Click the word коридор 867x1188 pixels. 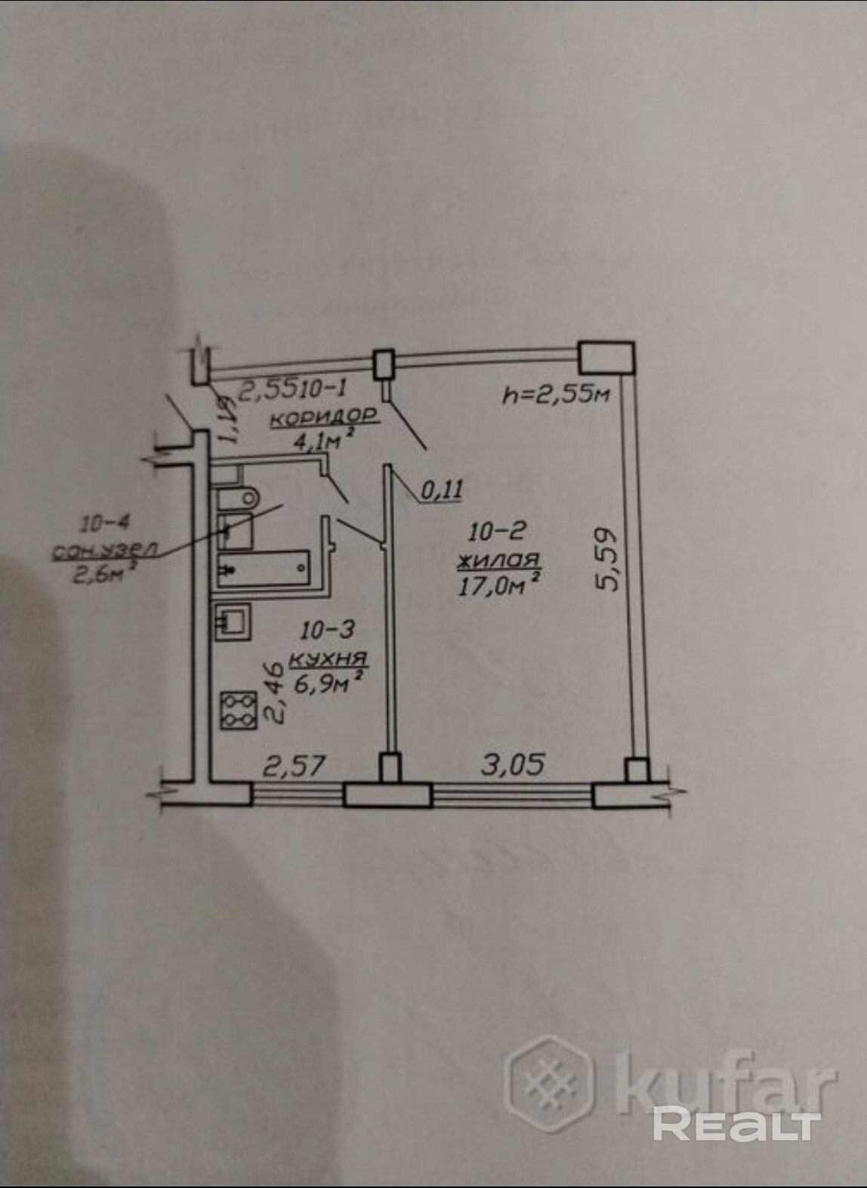click(324, 416)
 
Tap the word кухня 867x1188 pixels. click(328, 658)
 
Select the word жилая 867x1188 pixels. click(498, 560)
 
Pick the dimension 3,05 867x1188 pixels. click(513, 764)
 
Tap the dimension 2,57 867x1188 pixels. click(294, 766)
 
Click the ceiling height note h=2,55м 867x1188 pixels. click(557, 393)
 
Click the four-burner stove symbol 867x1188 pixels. click(239, 711)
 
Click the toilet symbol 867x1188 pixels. click(238, 498)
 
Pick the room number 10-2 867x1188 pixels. click(497, 532)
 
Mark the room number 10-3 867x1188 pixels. click(327, 629)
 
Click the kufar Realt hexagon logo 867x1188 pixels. click(549, 1084)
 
